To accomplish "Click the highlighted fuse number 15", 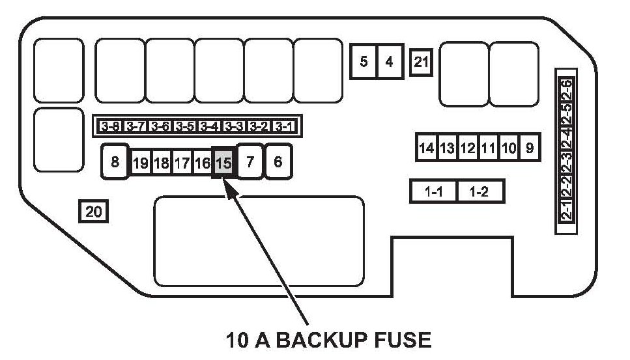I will click(x=223, y=163).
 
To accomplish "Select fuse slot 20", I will click(x=93, y=212).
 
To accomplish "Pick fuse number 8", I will click(x=115, y=161).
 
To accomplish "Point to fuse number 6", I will click(x=278, y=161).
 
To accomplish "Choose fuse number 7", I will click(x=250, y=161).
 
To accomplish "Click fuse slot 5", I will click(x=364, y=62).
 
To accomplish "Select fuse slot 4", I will click(x=390, y=62).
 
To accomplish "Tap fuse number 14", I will click(x=427, y=148).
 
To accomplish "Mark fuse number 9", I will click(x=530, y=148).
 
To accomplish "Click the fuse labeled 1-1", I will click(x=434, y=192).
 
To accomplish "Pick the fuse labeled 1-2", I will click(x=480, y=192).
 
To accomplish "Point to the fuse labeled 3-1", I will click(x=283, y=126).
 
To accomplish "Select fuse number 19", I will click(x=140, y=163).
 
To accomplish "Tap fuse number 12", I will click(x=467, y=148).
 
